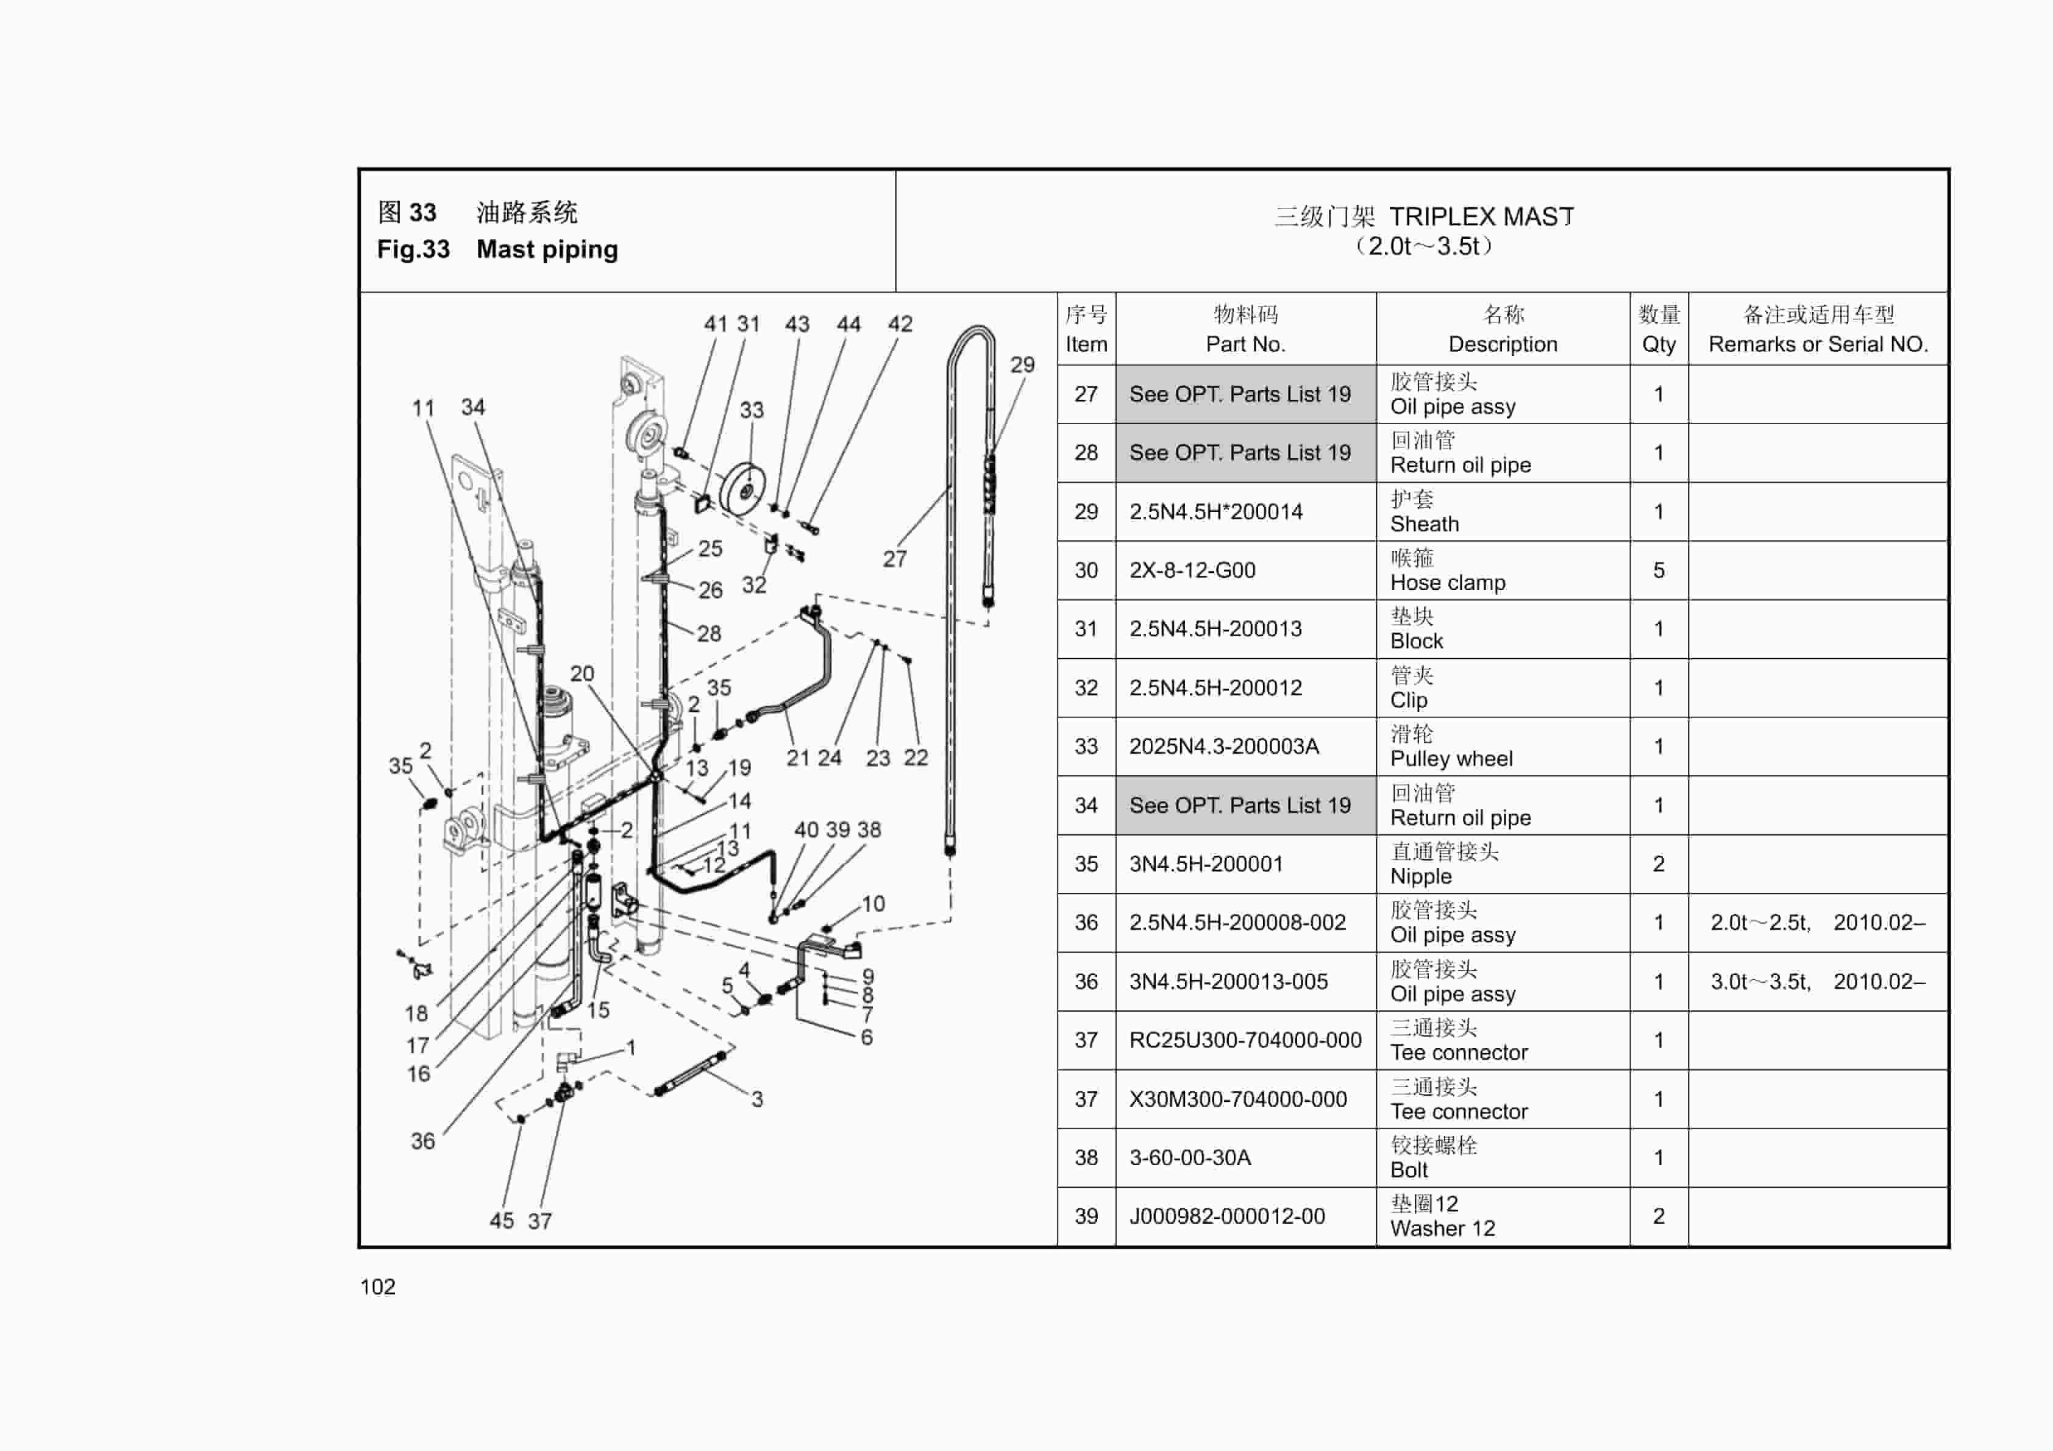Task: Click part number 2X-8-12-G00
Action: coord(1192,570)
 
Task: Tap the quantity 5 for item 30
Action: coord(1658,570)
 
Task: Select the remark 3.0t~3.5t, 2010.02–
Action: coord(1817,982)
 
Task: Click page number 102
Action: coord(377,1286)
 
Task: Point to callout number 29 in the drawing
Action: coord(1022,365)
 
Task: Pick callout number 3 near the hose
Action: coord(756,1099)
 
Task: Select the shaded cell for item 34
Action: coord(1245,806)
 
